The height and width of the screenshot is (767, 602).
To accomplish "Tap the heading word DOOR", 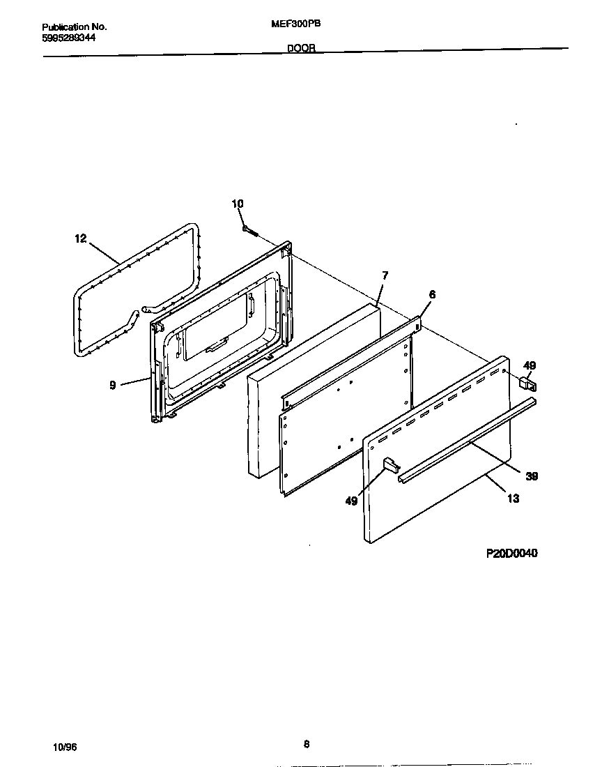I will [x=302, y=49].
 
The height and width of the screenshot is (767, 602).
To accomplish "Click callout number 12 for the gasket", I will [x=80, y=238].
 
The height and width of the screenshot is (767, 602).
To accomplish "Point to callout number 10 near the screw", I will [x=238, y=204].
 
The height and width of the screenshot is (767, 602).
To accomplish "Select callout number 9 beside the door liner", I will [x=113, y=384].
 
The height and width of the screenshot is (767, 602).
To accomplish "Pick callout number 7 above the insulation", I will [x=385, y=275].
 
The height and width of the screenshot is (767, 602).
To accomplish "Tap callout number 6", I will [x=432, y=295].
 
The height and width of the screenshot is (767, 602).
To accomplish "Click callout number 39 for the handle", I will [x=532, y=476].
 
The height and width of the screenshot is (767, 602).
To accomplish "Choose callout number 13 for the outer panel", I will [x=514, y=499].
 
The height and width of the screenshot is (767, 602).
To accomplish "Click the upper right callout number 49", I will [x=530, y=365].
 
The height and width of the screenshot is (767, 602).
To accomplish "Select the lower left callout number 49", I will [x=352, y=501].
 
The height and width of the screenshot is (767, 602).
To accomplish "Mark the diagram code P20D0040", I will [x=511, y=554].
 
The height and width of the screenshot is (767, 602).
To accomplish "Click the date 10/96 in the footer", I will [x=65, y=746].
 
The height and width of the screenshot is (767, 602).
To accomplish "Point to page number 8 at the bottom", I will [x=306, y=744].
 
